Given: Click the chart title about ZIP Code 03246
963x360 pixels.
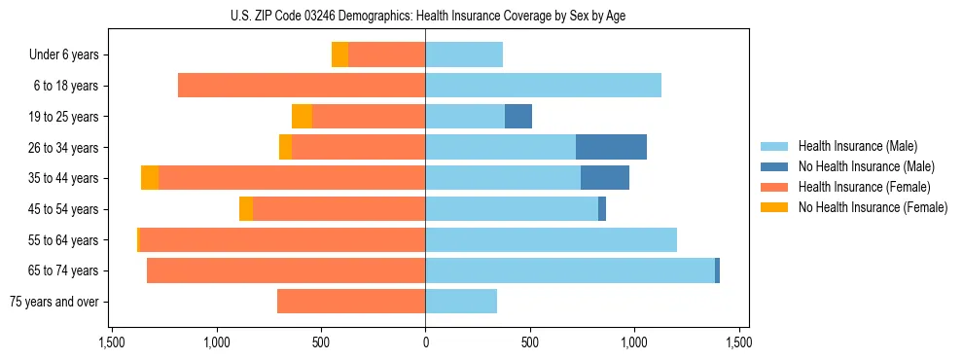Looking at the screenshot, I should [425, 16].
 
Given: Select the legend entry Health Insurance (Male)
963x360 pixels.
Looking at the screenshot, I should [857, 146].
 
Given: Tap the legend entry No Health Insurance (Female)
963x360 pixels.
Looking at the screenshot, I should [873, 207].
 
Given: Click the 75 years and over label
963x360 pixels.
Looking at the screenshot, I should [54, 302].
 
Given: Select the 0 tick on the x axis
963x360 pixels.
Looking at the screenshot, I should [425, 343].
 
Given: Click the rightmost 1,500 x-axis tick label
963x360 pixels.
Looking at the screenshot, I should [738, 343].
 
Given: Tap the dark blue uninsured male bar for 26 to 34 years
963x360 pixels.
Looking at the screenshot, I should [611, 147].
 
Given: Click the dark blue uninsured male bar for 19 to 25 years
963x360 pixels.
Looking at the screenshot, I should [518, 117].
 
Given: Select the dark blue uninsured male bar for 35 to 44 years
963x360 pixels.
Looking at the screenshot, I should [605, 178].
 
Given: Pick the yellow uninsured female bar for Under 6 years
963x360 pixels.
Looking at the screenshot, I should [339, 55].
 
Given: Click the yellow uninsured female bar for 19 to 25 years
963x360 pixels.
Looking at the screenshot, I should [302, 117].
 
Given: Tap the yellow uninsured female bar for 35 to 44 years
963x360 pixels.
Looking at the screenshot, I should [150, 178].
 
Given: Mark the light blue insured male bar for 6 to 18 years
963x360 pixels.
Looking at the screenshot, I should [543, 86].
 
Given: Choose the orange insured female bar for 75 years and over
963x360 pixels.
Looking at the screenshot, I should [351, 302].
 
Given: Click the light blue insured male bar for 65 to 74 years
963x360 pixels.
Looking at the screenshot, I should [570, 270].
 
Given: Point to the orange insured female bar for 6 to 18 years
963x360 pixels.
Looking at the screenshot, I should [302, 86].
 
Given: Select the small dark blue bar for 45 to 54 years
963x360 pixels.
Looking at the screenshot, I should [602, 209].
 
